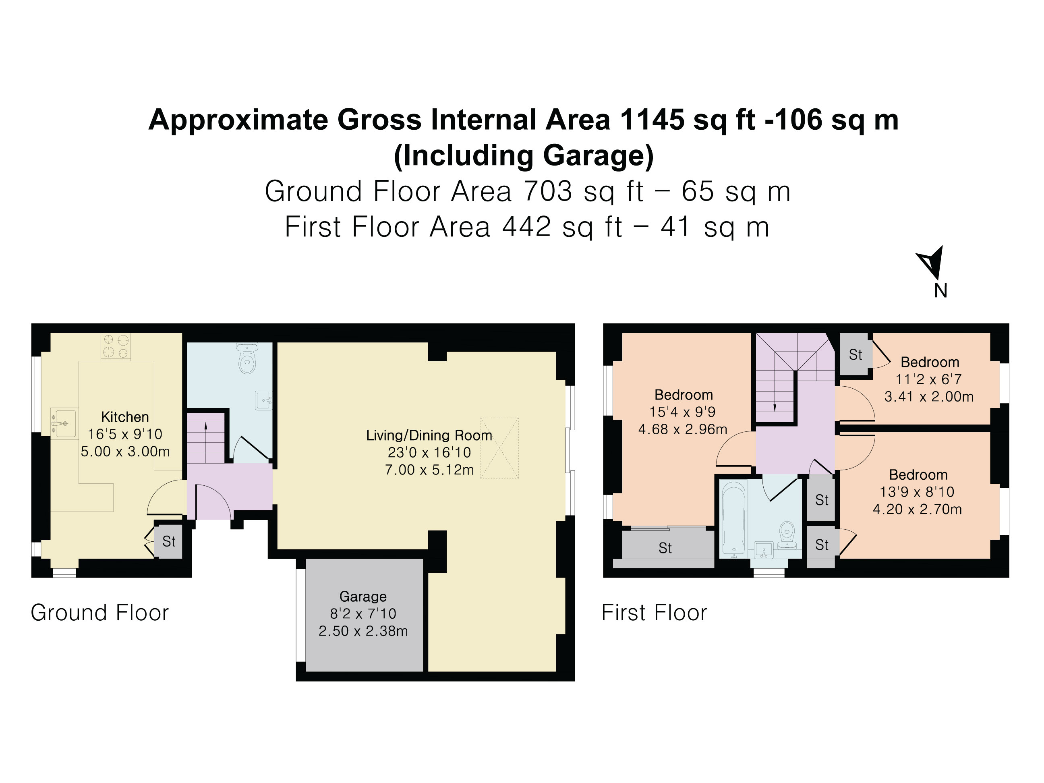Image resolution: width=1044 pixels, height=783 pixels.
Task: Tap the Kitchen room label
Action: click(125, 417)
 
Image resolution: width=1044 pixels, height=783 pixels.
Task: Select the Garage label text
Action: click(363, 597)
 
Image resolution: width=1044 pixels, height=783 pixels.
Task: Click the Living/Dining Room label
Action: click(429, 435)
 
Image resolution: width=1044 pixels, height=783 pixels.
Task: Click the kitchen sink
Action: click(64, 423)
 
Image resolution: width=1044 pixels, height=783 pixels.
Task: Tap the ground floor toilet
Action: click(247, 358)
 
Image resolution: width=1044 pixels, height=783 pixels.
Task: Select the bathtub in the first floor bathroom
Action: click(733, 519)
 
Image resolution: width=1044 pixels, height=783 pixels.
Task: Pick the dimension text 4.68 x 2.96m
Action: click(682, 429)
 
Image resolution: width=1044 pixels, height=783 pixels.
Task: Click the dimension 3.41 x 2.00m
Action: click(929, 396)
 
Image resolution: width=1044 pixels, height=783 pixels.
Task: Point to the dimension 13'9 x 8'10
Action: click(917, 492)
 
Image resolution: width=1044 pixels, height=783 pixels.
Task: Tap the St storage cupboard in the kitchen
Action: click(168, 541)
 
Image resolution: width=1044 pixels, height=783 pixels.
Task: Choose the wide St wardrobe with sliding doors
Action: click(665, 548)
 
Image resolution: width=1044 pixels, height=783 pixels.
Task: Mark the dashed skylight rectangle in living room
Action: click(499, 448)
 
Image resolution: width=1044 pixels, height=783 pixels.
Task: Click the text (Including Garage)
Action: click(524, 156)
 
